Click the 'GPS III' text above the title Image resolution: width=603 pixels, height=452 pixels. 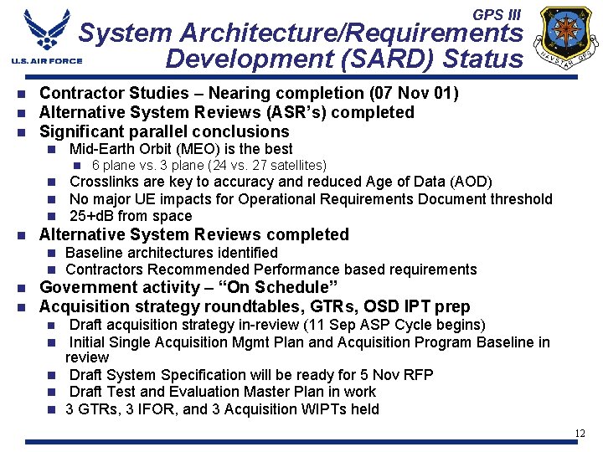click(x=496, y=15)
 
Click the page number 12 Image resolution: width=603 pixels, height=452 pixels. click(x=580, y=433)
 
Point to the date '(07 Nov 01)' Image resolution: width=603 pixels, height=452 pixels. click(x=413, y=93)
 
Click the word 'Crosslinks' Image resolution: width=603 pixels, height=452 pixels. click(x=103, y=182)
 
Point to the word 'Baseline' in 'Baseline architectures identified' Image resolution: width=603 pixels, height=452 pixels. click(x=91, y=253)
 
